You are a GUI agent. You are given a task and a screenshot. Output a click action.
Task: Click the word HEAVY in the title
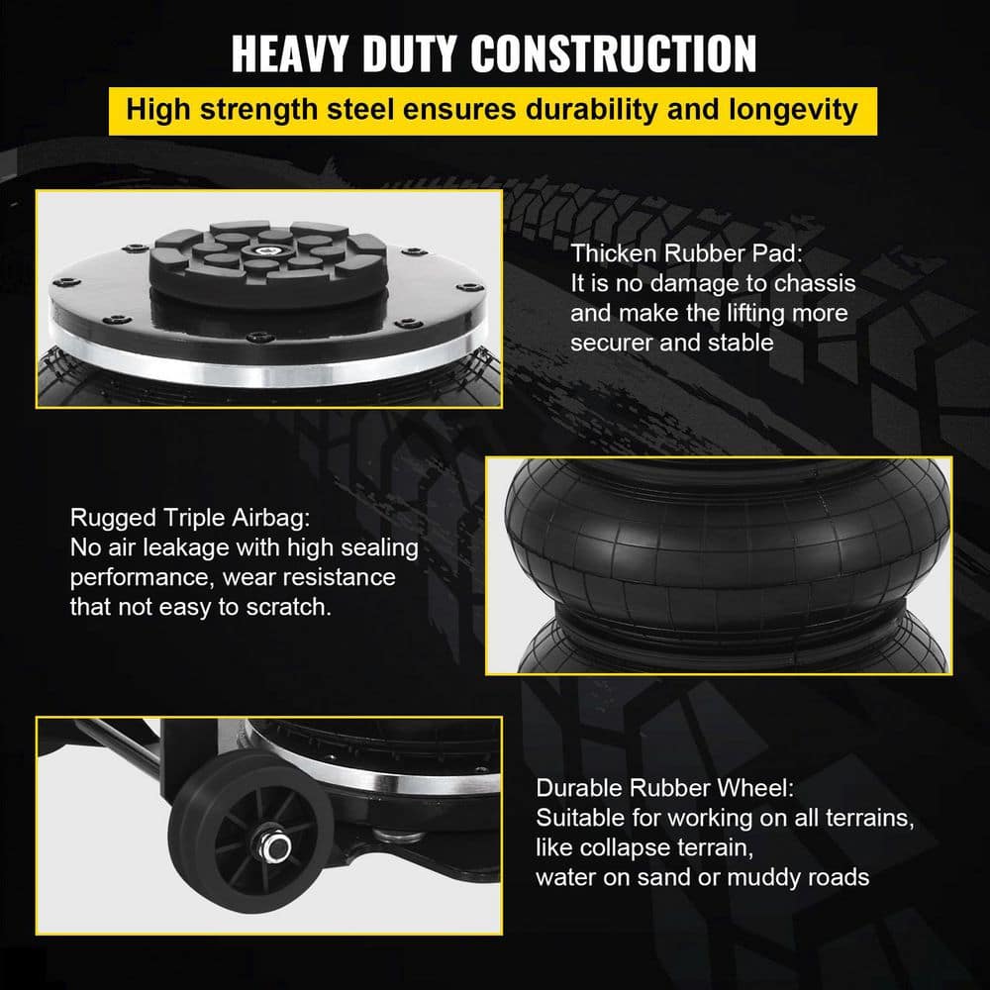(290, 53)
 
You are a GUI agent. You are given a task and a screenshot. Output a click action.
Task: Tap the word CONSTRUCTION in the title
(614, 53)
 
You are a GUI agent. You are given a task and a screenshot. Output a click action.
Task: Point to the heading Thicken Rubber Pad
(686, 253)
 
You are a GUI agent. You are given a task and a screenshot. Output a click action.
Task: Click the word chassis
(815, 283)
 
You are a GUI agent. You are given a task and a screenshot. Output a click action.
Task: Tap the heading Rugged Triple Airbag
(190, 518)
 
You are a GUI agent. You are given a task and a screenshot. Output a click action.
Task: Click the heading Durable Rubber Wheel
(665, 788)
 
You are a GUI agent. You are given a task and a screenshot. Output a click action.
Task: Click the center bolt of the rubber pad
(264, 250)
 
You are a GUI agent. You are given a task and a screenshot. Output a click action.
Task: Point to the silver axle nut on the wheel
(276, 848)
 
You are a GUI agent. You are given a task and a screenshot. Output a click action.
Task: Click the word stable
(741, 343)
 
